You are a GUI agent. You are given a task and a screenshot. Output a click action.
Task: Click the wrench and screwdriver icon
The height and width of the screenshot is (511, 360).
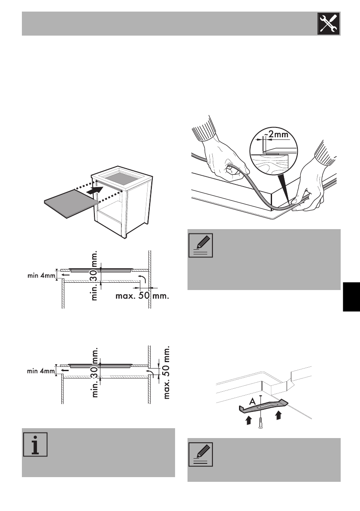(329, 24)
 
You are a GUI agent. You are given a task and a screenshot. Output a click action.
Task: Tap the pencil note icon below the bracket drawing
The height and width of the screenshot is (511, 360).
(200, 454)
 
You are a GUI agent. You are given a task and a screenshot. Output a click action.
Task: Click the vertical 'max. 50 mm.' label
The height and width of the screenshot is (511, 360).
(166, 365)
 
